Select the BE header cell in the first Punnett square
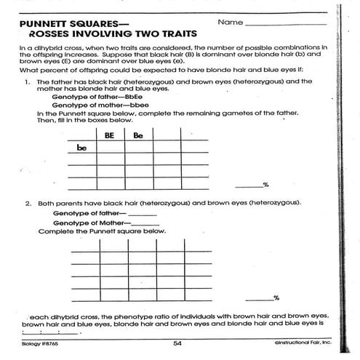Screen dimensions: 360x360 pos(110,135)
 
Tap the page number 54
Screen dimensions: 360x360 pos(177,343)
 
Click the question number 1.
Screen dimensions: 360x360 pos(27,82)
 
